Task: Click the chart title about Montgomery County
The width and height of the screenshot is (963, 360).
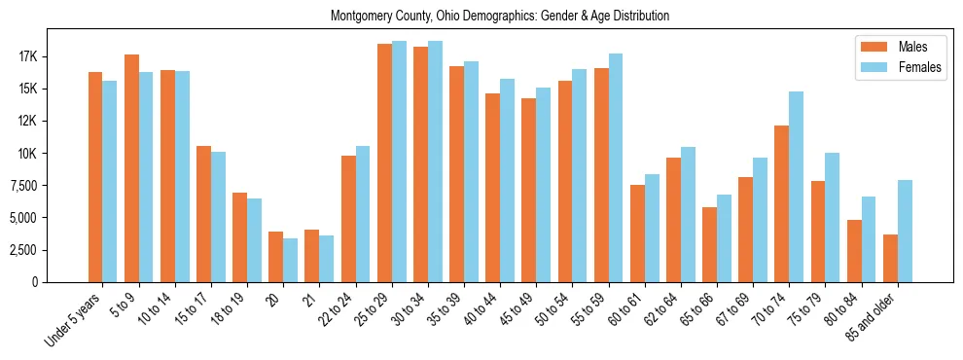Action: (500, 17)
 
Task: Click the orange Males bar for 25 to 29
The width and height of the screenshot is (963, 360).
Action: (384, 162)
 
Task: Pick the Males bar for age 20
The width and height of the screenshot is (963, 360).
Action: (276, 257)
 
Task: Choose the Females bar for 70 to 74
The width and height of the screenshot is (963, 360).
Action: (797, 187)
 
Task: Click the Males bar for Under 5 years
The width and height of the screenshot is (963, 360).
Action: (95, 177)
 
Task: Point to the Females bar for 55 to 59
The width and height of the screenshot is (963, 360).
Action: (616, 167)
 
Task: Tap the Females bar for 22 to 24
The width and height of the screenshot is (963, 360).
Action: (363, 214)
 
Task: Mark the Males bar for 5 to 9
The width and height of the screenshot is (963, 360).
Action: (131, 168)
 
